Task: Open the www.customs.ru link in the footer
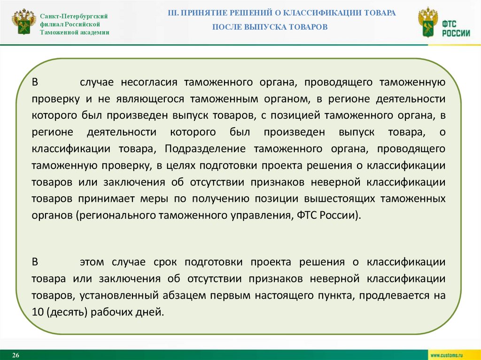[x=447, y=355]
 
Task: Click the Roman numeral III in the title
[x=173, y=13]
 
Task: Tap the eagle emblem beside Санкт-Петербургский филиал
[x=23, y=22]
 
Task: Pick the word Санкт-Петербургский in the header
[x=74, y=16]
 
